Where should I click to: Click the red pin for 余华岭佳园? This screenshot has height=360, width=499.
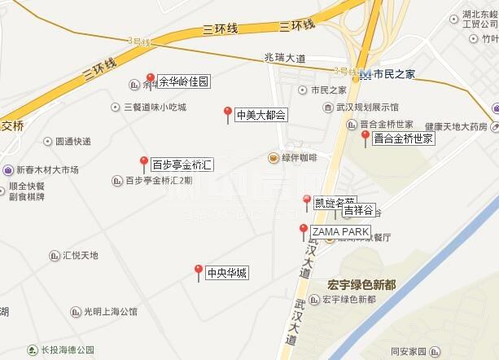tap(150, 80)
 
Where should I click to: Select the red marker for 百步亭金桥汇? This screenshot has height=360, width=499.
tap(144, 163)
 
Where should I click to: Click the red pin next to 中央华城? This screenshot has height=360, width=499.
tap(198, 271)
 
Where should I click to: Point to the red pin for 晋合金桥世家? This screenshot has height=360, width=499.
tap(365, 137)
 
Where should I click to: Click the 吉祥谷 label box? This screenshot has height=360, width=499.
tap(357, 210)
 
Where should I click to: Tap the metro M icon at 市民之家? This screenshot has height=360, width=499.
tap(365, 73)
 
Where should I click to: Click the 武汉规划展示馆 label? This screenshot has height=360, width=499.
tap(370, 107)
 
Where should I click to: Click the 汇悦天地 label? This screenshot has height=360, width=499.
tap(81, 256)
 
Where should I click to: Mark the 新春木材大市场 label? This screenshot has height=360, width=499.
tap(48, 170)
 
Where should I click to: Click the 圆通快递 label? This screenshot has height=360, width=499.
tap(73, 141)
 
